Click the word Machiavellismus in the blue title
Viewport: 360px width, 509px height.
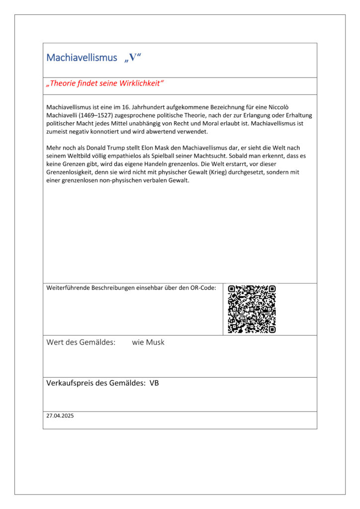82,58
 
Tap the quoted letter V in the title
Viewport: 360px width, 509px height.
133,58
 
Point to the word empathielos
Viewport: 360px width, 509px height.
112,156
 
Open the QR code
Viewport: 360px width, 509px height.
252,309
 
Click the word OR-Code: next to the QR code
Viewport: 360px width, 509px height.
203,288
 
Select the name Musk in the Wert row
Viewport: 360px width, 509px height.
155,342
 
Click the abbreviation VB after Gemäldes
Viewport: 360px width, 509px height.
154,383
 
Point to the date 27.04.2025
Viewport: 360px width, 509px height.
60,416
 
